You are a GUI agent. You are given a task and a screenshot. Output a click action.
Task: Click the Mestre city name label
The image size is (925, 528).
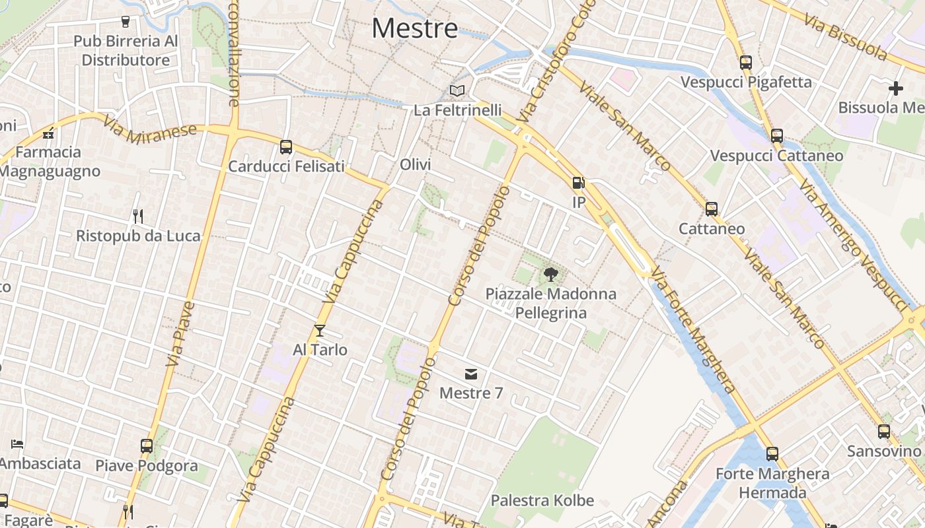[x=414, y=28]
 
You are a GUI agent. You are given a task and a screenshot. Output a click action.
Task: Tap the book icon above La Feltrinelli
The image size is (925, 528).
[x=457, y=90]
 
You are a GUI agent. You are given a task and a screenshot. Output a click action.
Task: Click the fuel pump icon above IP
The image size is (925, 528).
[x=578, y=183]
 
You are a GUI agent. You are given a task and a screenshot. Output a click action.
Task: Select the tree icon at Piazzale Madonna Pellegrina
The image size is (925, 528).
[x=550, y=274]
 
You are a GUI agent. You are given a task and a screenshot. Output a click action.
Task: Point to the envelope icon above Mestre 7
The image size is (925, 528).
[x=471, y=374]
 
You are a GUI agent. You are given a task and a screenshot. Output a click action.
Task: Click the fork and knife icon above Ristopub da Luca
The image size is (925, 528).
[x=138, y=216]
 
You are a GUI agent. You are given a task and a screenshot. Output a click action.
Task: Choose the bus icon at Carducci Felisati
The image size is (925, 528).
[x=286, y=147]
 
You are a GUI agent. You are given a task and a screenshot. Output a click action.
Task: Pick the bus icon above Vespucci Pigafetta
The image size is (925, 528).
[x=746, y=63]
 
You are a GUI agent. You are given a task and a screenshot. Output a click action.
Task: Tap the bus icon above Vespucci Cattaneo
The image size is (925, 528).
[x=777, y=136]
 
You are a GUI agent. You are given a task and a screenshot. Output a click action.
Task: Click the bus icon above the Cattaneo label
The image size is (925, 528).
[x=712, y=209]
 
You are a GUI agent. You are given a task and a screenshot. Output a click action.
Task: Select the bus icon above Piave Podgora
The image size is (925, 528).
[x=147, y=446]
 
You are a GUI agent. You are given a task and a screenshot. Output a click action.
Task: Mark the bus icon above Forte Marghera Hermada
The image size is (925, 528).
[x=772, y=454]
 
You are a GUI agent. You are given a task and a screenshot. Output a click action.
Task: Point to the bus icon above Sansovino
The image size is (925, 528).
[x=884, y=432]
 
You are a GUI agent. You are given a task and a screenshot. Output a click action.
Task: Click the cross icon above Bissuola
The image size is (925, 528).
[x=896, y=88]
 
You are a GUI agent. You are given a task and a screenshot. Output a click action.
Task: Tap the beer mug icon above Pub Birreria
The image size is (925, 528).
[x=126, y=22]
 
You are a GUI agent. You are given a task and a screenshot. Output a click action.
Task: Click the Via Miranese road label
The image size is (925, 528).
[x=150, y=129]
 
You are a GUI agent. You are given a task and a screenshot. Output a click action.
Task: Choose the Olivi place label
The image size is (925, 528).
[x=415, y=165]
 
